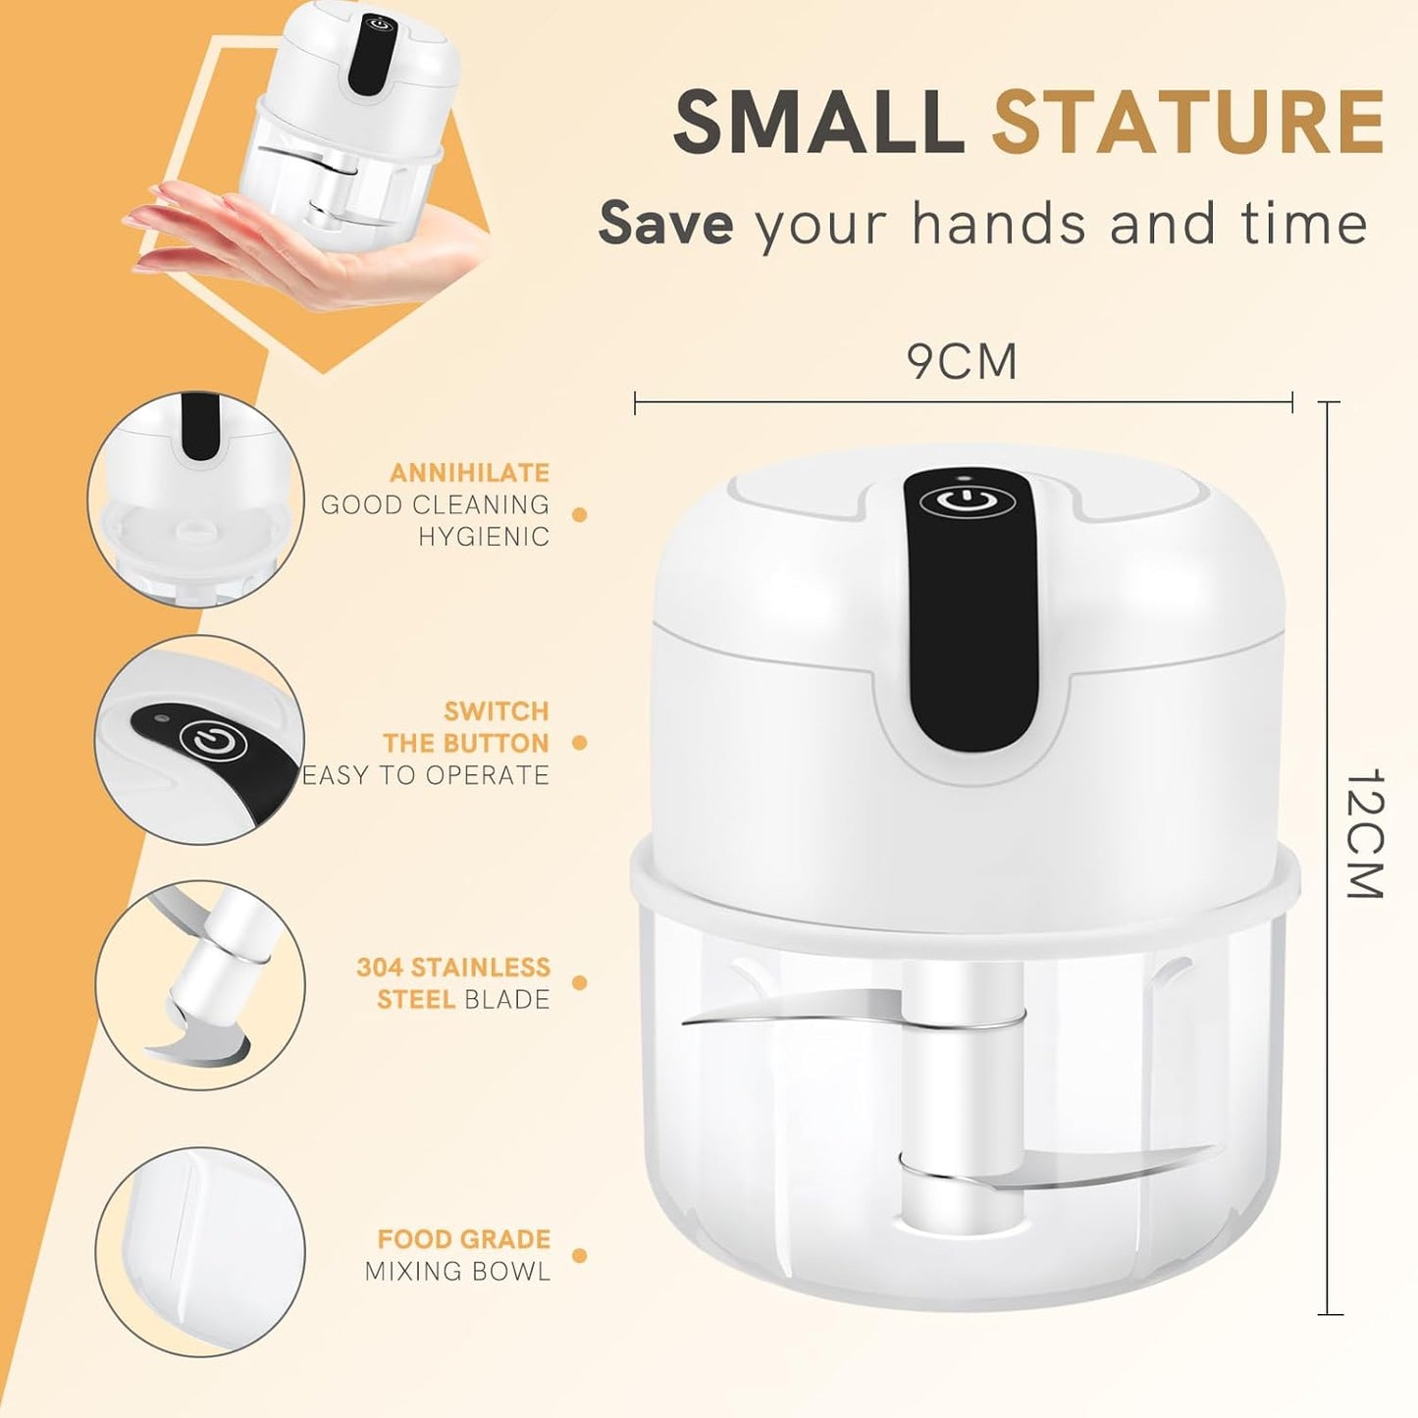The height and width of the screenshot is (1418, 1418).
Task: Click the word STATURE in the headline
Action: [1187, 122]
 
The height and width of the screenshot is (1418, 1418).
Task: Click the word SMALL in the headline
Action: [818, 122]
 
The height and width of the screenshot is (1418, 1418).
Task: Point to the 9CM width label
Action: [962, 361]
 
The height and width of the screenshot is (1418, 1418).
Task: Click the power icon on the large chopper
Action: [970, 502]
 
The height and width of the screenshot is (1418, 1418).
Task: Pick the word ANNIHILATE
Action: [469, 473]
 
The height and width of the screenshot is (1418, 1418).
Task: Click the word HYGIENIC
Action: [484, 537]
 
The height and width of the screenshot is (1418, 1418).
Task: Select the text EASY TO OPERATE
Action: [426, 775]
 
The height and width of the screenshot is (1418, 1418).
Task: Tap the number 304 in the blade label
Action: [380, 968]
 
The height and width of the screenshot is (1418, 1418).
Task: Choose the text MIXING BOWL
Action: [457, 1272]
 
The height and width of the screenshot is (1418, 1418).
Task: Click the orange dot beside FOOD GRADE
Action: [579, 1255]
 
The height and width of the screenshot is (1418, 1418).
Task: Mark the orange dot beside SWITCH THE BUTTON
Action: [579, 743]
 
